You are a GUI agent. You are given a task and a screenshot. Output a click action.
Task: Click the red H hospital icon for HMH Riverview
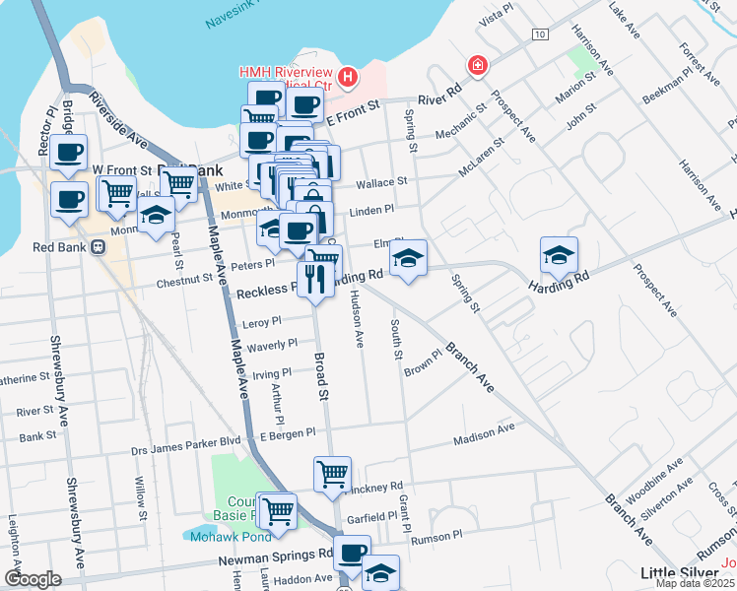pyautogui.click(x=346, y=77)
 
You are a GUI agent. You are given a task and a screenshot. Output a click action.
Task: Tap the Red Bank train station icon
pyautogui.click(x=98, y=247)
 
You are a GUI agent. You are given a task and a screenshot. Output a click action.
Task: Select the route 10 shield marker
pyautogui.click(x=538, y=34)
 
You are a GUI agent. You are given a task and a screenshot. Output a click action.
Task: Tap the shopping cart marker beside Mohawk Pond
pyautogui.click(x=279, y=509)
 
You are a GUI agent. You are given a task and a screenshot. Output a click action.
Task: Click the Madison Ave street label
pyautogui.click(x=484, y=428)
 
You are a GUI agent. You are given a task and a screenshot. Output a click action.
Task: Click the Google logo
pyautogui.click(x=33, y=580)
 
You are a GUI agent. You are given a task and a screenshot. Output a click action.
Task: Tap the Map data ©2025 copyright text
pyautogui.click(x=698, y=584)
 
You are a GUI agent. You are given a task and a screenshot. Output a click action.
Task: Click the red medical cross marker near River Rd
pyautogui.click(x=478, y=65)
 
